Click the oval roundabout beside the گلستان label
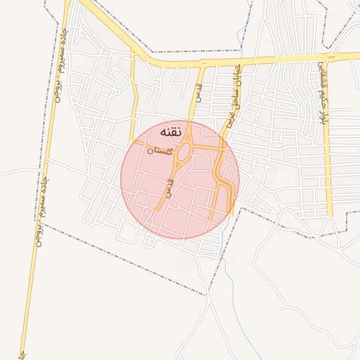pyautogui.click(x=184, y=152)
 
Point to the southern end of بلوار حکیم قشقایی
pyautogui.click(x=329, y=217)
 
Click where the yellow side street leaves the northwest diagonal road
pyautogui.click(x=132, y=52)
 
